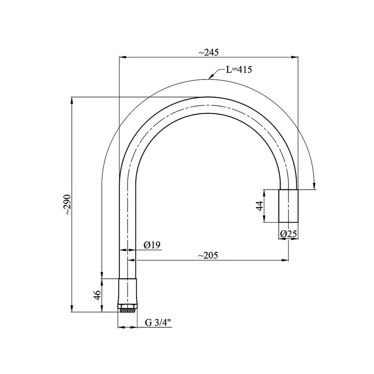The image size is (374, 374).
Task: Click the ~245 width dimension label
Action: tap(209, 52)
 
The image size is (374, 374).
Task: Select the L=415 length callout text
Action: tap(239, 70)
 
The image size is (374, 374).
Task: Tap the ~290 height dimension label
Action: tap(68, 204)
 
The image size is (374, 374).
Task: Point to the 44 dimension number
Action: tap(259, 206)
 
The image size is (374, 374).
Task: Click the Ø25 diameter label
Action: tap(288, 234)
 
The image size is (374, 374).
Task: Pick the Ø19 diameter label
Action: tap(152, 245)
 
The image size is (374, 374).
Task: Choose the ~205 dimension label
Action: tap(208, 255)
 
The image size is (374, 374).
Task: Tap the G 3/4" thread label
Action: tap(158, 323)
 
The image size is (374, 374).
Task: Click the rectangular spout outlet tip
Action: tap(288, 206)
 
